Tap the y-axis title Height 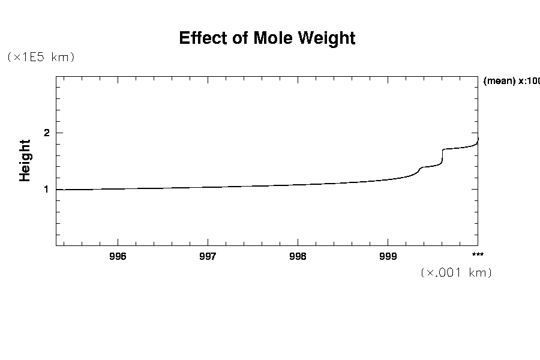pyautogui.click(x=25, y=160)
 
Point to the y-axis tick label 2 pyautogui.click(x=46, y=133)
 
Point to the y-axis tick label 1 pyautogui.click(x=46, y=189)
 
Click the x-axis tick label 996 pyautogui.click(x=118, y=257)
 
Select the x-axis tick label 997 pyautogui.click(x=208, y=257)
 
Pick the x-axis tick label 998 pyautogui.click(x=298, y=257)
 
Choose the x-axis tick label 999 pyautogui.click(x=388, y=257)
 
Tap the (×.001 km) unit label pyautogui.click(x=456, y=272)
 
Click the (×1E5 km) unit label pyautogui.click(x=40, y=57)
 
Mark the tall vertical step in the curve pyautogui.click(x=443, y=156)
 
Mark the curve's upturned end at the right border pyautogui.click(x=478, y=140)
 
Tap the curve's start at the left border pyautogui.click(x=57, y=190)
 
